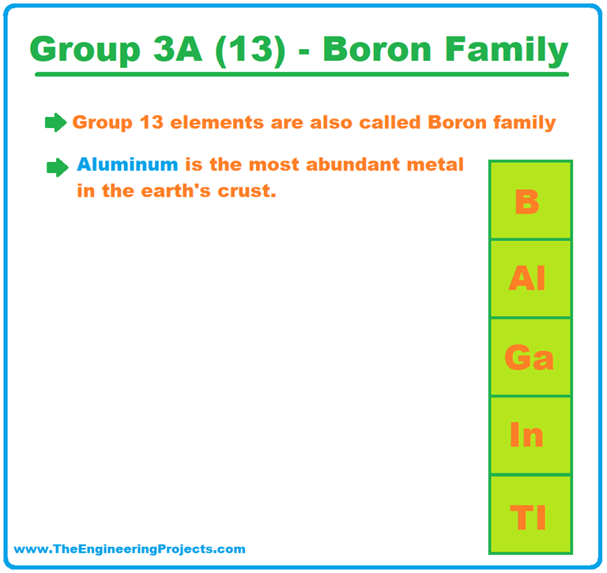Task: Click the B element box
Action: pyautogui.click(x=530, y=200)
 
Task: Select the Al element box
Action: pyautogui.click(x=530, y=278)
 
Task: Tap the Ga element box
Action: pyautogui.click(x=530, y=356)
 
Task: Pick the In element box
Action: pyautogui.click(x=530, y=435)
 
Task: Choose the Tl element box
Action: pyautogui.click(x=530, y=514)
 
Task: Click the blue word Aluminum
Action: pyautogui.click(x=127, y=166)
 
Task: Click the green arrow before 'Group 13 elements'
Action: pyautogui.click(x=55, y=123)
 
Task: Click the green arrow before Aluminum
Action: pyautogui.click(x=57, y=167)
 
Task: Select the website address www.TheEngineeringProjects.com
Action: pyautogui.click(x=130, y=548)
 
